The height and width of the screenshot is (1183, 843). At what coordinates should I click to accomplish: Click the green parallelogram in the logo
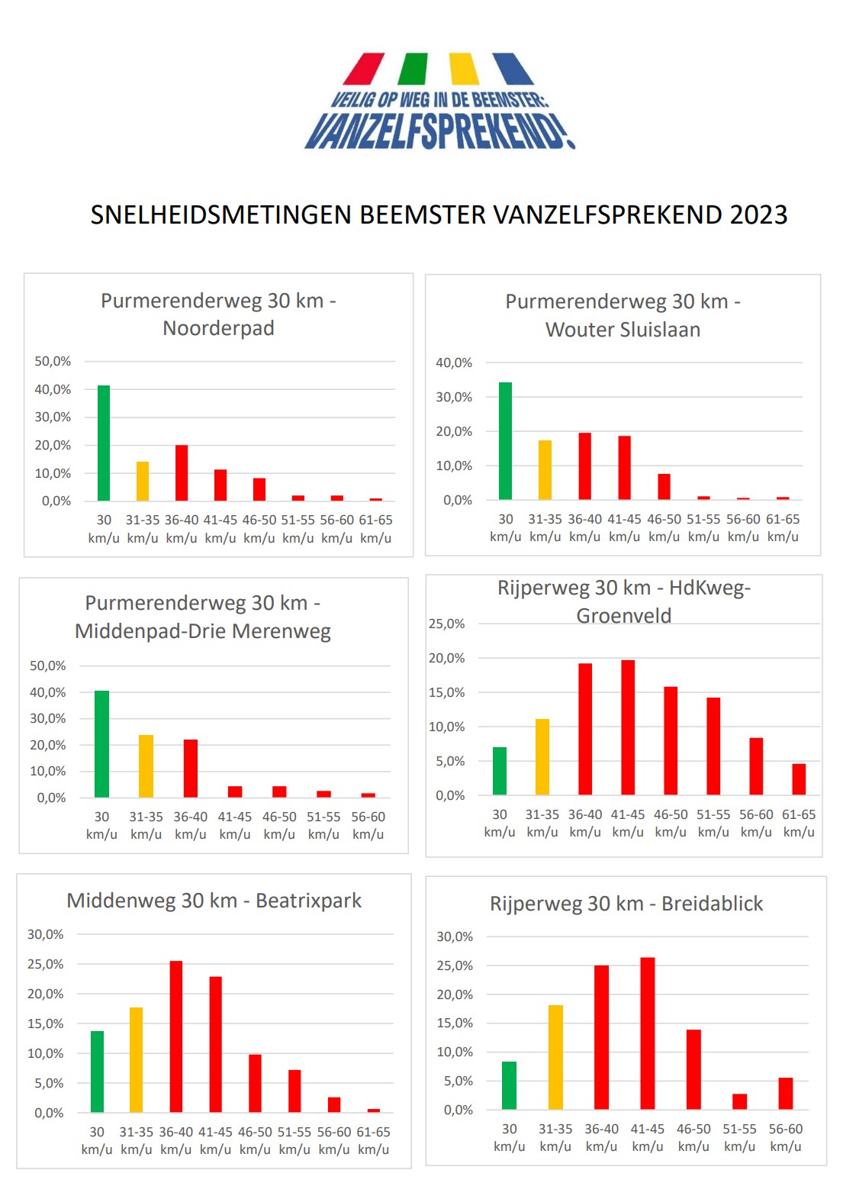click(413, 69)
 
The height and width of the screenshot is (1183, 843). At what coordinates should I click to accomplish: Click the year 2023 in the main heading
click(758, 215)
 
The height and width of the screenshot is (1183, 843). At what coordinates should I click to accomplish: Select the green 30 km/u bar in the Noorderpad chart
click(104, 443)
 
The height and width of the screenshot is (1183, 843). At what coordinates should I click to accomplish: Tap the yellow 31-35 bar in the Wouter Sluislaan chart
click(545, 470)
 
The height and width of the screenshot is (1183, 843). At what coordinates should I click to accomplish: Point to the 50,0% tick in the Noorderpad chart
click(53, 362)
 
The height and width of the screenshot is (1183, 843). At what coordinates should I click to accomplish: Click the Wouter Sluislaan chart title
click(623, 315)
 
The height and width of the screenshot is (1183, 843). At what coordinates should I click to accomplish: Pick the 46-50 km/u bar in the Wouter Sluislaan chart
click(664, 487)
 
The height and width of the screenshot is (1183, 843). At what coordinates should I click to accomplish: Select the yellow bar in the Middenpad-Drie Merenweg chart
click(146, 766)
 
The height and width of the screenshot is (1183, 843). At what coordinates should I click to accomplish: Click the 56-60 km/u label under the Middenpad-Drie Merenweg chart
click(368, 825)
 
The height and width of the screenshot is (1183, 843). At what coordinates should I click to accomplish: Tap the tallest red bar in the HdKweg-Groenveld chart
click(628, 727)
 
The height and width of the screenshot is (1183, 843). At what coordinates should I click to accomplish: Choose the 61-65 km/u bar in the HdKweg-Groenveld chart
click(799, 779)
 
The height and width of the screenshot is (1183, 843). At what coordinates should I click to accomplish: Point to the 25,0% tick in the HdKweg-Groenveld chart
click(446, 624)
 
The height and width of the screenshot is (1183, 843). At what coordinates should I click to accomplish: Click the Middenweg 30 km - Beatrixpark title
click(214, 901)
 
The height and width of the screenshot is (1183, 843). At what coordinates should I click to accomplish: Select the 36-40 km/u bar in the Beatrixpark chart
click(176, 1036)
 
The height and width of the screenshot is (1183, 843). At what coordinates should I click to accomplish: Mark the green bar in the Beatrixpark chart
click(97, 1072)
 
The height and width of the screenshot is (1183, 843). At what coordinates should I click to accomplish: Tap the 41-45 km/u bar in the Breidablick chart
click(648, 1033)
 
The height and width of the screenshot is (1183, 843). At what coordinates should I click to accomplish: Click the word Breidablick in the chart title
click(712, 904)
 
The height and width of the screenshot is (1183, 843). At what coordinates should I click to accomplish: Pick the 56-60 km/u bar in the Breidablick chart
click(785, 1094)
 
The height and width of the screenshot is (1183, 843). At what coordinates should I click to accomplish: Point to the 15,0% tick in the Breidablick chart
click(455, 1023)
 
